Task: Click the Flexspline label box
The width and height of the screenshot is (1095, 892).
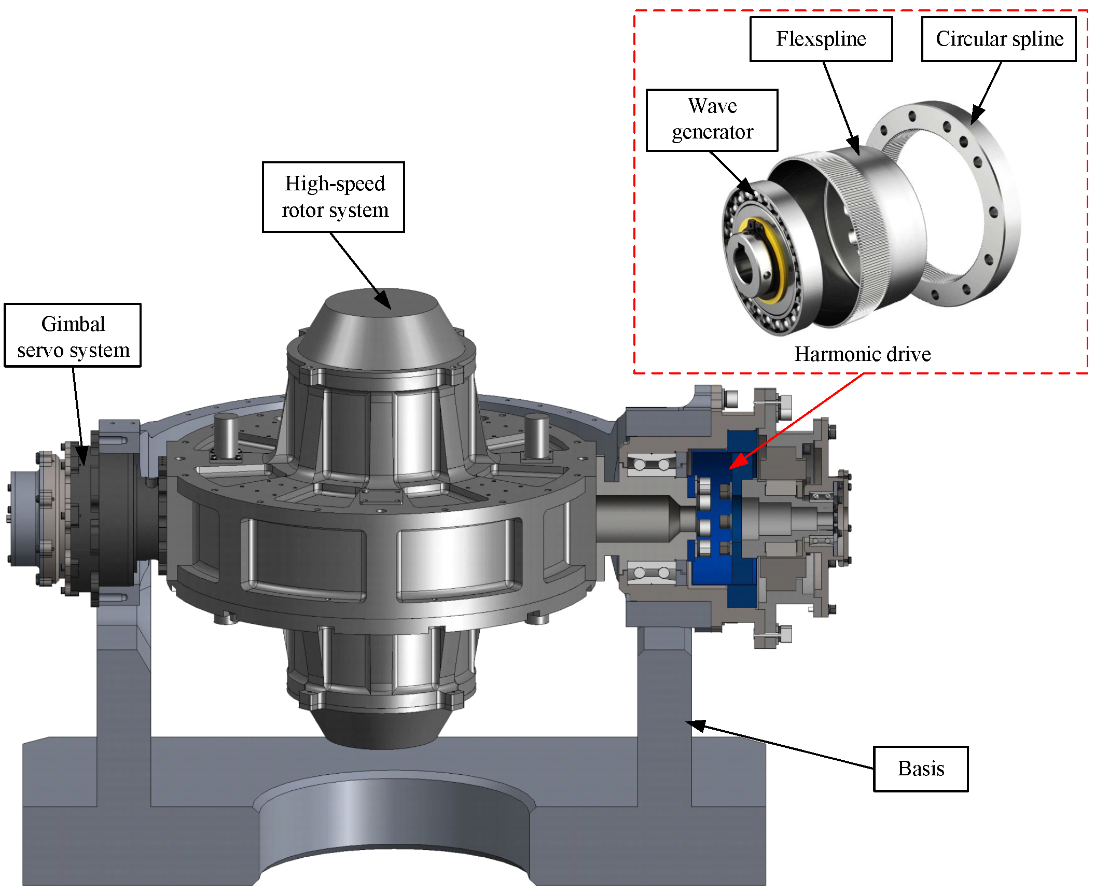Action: click(821, 39)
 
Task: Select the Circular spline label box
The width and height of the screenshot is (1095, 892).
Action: click(999, 39)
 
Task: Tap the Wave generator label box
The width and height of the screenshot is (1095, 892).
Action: click(712, 120)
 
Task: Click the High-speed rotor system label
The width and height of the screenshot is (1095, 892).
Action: click(333, 197)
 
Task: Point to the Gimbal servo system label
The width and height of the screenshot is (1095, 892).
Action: click(73, 336)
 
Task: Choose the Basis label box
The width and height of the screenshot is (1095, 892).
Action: click(921, 769)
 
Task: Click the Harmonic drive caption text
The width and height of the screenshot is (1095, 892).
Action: click(862, 354)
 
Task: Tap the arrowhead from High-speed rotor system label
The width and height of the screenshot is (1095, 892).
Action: click(383, 300)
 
